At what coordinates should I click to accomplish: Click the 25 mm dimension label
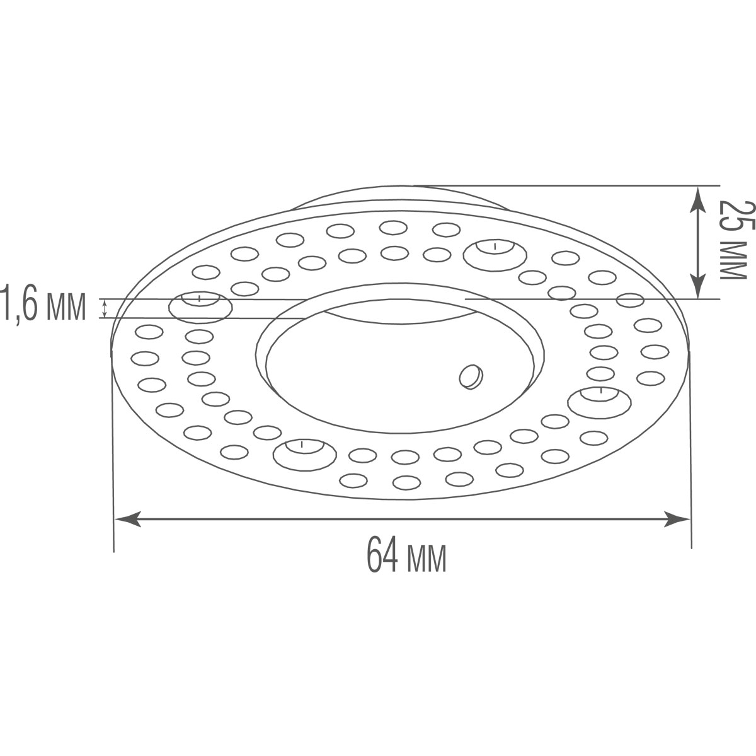tap(733, 240)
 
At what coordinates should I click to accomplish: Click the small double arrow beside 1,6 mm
tap(104, 308)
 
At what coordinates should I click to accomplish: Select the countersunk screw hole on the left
tap(200, 305)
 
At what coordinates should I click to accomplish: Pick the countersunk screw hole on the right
tap(599, 400)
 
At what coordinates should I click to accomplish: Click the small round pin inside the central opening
tap(471, 376)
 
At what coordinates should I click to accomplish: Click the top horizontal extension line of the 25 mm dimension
tap(567, 185)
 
